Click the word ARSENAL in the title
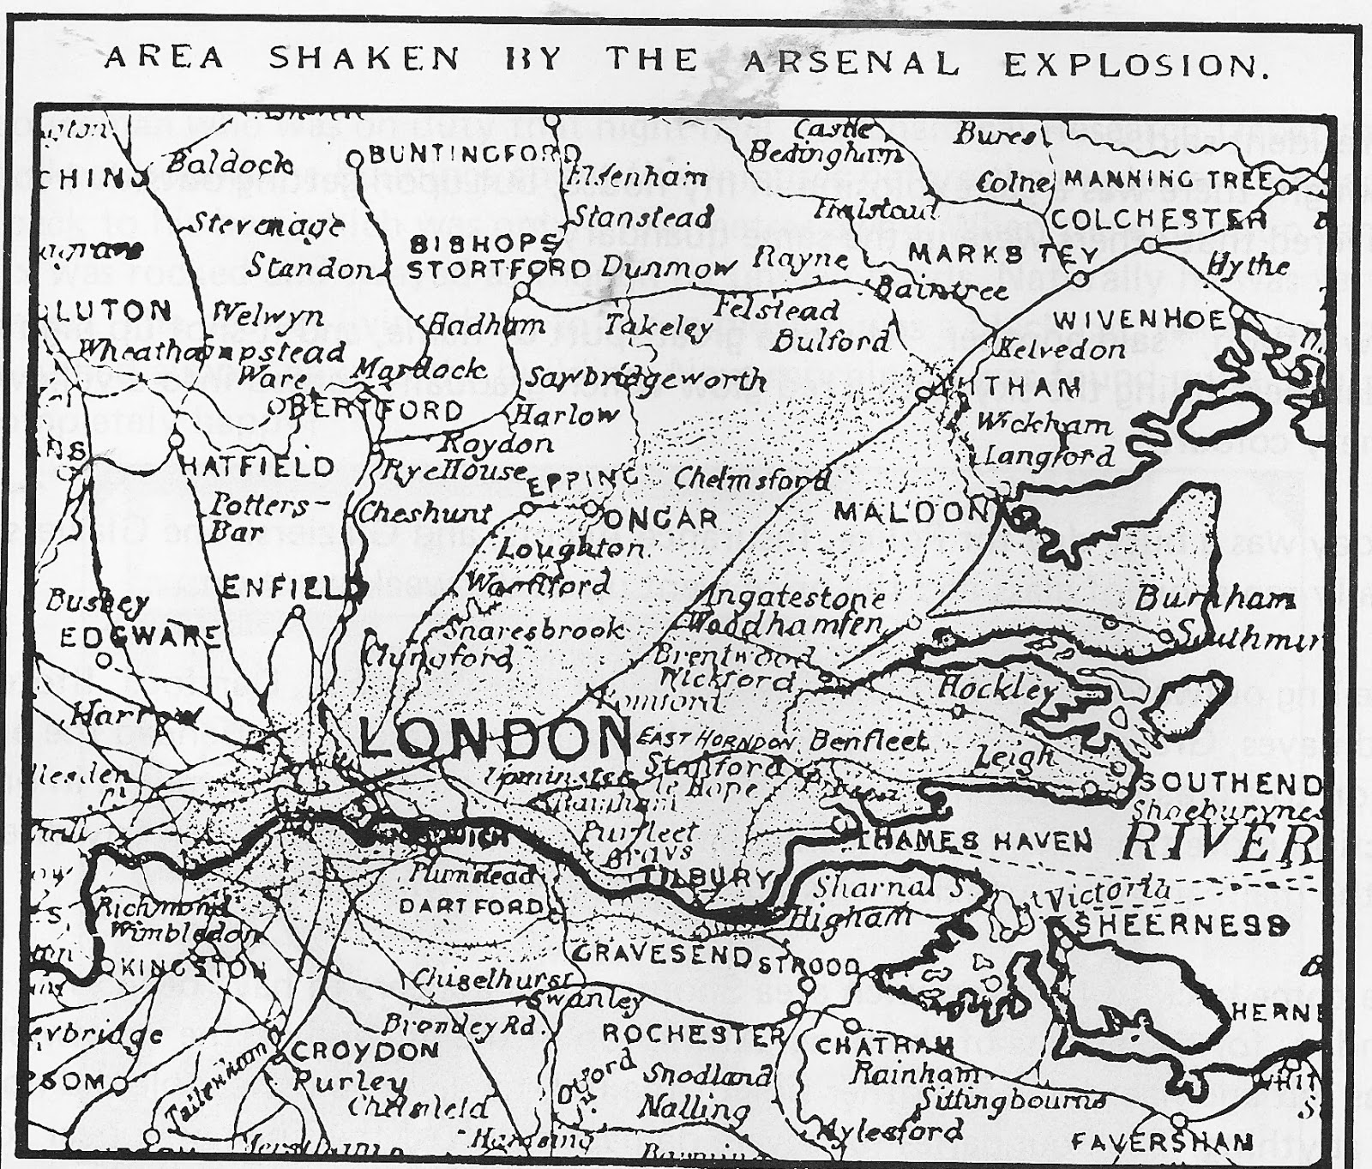[851, 62]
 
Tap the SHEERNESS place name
[1182, 925]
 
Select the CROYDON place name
[365, 1051]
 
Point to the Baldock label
[230, 163]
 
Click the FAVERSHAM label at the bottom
[1161, 1142]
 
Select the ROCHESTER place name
[692, 1033]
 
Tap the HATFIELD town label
[258, 467]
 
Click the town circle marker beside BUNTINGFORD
[355, 159]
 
